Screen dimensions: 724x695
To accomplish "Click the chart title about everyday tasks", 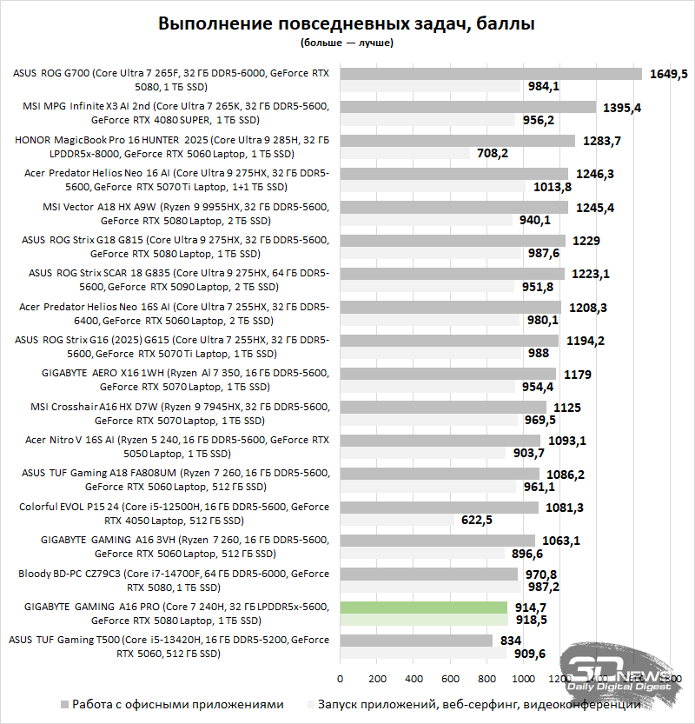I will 346,23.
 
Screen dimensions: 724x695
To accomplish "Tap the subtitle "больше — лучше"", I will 346,42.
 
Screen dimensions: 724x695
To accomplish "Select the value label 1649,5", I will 668,74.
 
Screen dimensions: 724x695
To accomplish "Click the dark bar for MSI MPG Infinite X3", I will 467,107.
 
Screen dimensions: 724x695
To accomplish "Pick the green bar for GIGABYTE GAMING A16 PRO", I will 423,608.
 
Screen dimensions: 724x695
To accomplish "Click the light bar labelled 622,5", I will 396,520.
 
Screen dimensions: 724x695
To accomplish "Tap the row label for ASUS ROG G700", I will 171,80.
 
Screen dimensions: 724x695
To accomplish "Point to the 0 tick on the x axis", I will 340,678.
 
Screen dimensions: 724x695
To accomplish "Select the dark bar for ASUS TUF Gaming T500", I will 416,641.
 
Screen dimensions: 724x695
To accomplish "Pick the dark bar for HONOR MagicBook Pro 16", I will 457,140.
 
